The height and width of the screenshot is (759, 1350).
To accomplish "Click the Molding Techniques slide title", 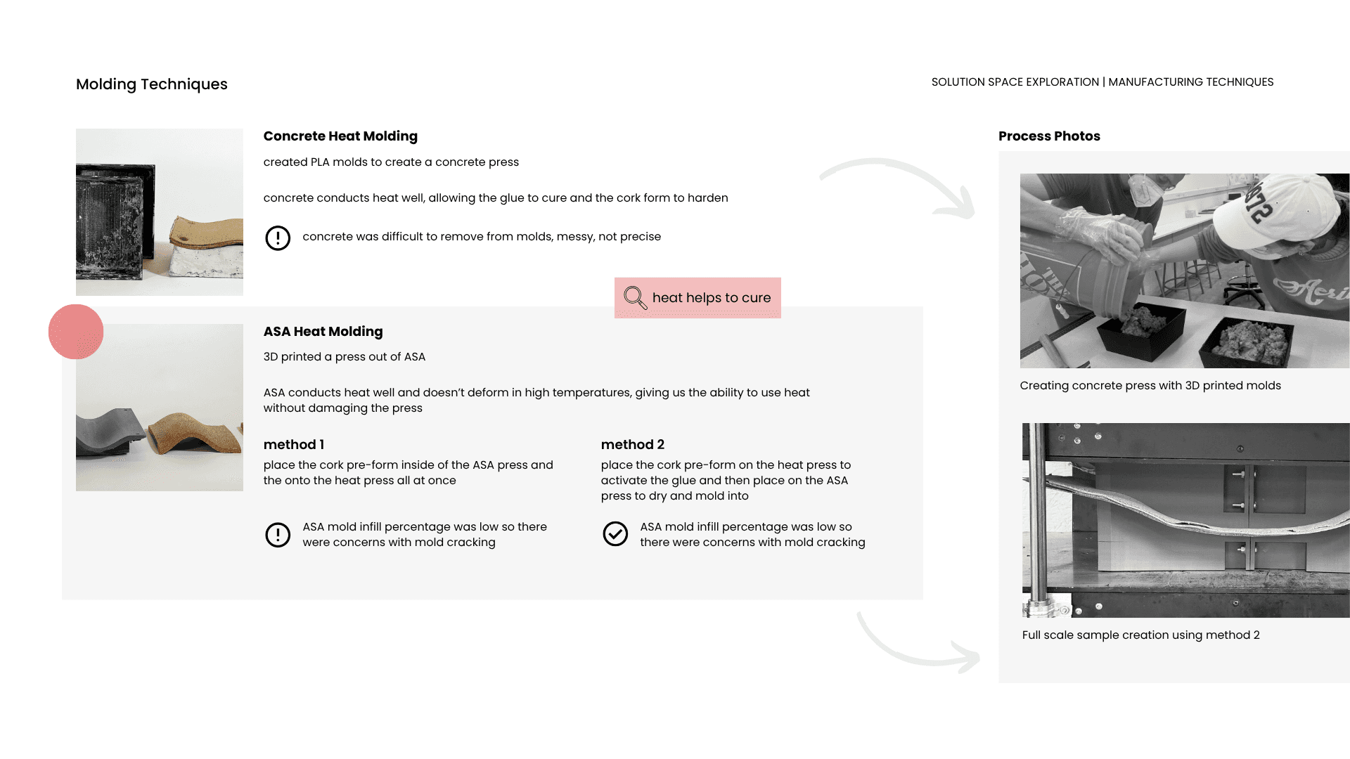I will [x=151, y=84].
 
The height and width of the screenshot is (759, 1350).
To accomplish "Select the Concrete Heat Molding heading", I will [x=340, y=136].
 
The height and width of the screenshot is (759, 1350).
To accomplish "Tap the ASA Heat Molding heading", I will [x=323, y=332].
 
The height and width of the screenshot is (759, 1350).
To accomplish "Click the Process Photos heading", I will [x=1049, y=136].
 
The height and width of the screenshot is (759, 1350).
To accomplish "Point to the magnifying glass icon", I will [x=635, y=297].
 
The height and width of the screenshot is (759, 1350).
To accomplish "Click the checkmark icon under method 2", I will [x=615, y=534].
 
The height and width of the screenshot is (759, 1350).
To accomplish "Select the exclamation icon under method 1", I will [x=278, y=535].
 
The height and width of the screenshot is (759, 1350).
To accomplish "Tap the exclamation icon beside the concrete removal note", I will [x=278, y=238].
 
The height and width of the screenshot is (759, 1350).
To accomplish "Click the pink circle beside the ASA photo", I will [x=76, y=332].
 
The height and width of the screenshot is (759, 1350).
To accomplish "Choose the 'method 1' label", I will [x=294, y=445].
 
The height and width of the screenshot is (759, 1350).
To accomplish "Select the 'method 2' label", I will [x=632, y=445].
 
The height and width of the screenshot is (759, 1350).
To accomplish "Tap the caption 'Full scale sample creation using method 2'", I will [x=1140, y=635].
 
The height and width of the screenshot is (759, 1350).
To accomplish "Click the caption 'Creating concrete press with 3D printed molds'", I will [x=1150, y=386].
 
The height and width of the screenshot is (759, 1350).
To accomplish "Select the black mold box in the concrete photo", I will [x=112, y=218].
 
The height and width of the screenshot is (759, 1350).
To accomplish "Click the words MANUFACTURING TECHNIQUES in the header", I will [x=1191, y=82].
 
